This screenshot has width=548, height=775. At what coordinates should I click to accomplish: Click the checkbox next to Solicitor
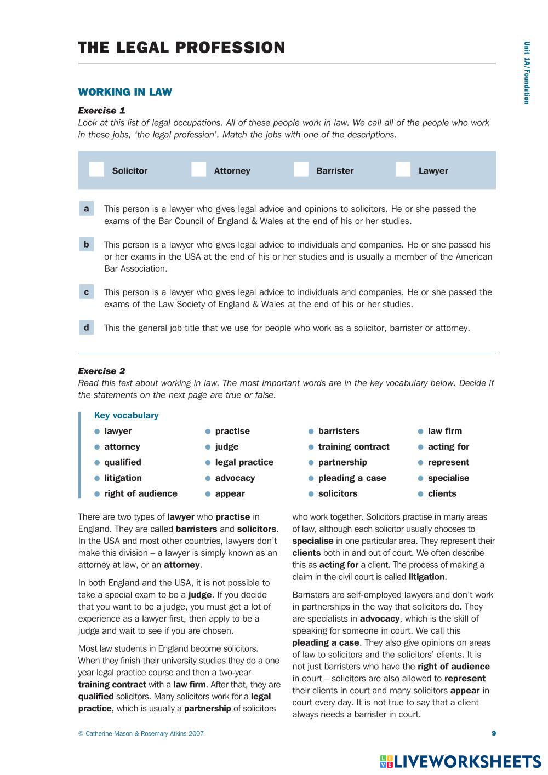(96, 170)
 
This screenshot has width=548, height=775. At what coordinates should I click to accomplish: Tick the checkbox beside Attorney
(198, 170)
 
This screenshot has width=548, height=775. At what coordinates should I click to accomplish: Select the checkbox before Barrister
(301, 170)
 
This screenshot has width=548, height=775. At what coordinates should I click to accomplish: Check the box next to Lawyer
(403, 170)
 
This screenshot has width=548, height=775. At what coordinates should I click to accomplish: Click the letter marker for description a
(87, 209)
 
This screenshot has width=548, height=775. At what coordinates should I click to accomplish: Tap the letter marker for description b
(87, 244)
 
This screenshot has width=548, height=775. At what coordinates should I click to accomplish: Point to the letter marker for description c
(87, 292)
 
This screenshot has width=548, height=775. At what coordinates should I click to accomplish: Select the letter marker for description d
(87, 328)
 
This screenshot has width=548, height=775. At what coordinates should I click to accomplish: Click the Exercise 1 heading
(101, 111)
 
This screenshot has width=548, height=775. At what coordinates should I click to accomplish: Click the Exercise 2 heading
(101, 371)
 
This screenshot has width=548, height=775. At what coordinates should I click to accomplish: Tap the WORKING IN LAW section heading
(125, 92)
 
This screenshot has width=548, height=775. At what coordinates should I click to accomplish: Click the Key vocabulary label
(126, 415)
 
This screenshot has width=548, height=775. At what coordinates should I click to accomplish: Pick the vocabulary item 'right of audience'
(141, 493)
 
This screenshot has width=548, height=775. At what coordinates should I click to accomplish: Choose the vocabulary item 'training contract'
(353, 447)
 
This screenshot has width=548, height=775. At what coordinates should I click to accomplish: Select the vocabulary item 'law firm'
(444, 431)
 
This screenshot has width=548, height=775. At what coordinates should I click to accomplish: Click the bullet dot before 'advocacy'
(208, 478)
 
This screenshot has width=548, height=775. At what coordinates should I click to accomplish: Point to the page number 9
(494, 733)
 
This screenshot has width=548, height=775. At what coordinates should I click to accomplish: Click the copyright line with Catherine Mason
(141, 733)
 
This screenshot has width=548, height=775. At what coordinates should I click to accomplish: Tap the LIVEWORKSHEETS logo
(460, 761)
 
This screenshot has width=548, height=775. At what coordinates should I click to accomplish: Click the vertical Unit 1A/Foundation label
(526, 73)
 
